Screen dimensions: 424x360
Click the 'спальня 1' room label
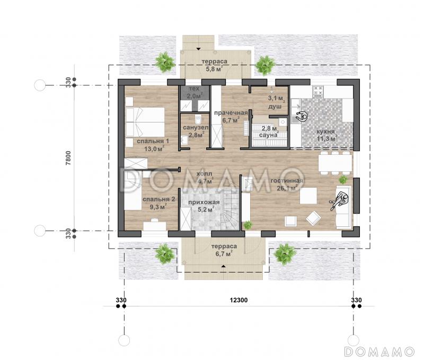153,141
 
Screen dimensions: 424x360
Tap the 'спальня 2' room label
158,199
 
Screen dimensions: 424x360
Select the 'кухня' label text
325,132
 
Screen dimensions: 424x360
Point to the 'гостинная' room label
287,181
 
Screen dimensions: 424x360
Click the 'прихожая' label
204,203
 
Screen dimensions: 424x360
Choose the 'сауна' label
269,135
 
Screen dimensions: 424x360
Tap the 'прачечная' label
231,113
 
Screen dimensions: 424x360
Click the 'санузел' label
196,127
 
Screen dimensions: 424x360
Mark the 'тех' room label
194,89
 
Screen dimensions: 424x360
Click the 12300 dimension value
238,300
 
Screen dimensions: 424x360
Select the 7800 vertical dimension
68,158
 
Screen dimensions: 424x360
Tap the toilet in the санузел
198,118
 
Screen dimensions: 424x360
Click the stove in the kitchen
318,91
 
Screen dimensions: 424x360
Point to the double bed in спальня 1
145,122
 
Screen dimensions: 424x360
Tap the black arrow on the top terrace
198,49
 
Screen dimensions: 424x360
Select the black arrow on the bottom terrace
223,266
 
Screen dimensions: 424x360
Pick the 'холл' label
204,174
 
